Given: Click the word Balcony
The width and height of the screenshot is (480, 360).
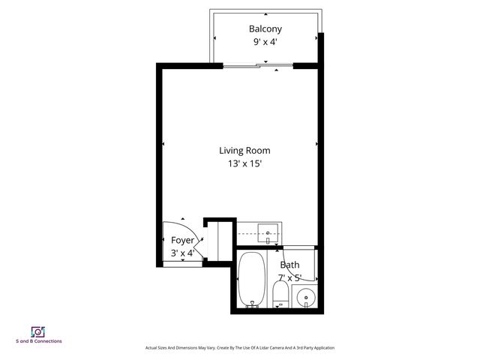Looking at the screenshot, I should (x=265, y=29).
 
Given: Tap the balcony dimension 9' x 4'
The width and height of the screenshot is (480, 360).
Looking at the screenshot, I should (x=265, y=43).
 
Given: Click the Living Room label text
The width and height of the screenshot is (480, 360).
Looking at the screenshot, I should (x=244, y=150).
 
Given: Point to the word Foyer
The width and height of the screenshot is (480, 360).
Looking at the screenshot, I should (x=183, y=240).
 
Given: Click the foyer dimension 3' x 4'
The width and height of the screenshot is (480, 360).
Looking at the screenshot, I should (x=183, y=253).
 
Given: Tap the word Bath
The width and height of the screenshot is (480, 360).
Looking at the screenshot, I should (x=289, y=265).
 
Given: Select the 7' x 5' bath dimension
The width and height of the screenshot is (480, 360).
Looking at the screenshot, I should (x=289, y=277).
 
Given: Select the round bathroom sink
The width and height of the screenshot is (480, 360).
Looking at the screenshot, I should (x=306, y=298).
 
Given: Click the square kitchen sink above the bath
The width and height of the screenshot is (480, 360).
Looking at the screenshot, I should (x=268, y=233).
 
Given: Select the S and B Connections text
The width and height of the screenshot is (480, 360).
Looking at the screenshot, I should (x=39, y=342).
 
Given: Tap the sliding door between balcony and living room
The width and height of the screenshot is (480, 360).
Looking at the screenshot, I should (x=258, y=67).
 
